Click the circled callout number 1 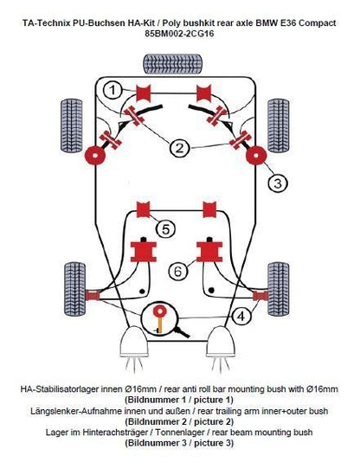point(112,89)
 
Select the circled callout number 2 point(179,148)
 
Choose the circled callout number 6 point(177,271)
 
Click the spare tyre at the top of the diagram point(179,65)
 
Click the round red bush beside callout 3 point(254,158)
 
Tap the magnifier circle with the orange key point(161,317)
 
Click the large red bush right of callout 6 point(209,252)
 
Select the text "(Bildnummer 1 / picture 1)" point(179,401)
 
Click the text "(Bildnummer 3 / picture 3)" point(179,443)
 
